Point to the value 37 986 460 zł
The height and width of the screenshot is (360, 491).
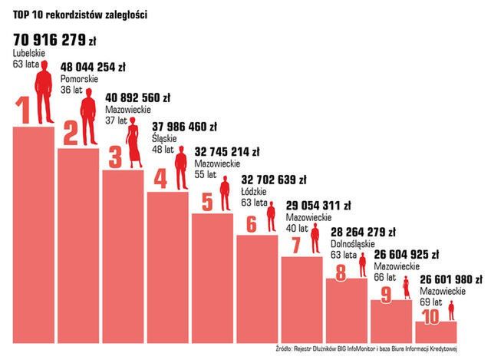click(185, 127)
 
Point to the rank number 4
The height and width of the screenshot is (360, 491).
click(160, 180)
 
